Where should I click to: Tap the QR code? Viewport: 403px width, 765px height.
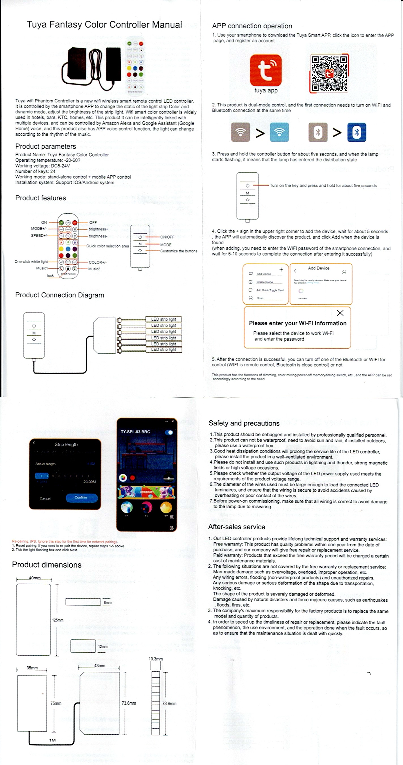(329, 73)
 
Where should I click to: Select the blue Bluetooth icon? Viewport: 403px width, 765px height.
(357, 132)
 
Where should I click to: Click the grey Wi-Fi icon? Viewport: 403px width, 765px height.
(240, 132)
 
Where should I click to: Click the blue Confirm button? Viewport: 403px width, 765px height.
(82, 498)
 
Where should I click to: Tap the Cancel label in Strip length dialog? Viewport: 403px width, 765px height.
(45, 498)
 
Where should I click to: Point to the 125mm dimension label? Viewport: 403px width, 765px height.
(58, 620)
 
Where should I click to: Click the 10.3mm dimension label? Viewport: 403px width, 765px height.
(156, 659)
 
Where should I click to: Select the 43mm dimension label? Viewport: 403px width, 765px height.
(100, 665)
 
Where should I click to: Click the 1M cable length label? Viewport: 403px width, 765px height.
(52, 740)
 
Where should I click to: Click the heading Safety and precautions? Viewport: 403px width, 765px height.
(244, 423)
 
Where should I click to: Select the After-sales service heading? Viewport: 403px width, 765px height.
(237, 527)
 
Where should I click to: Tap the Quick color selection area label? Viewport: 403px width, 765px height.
(108, 246)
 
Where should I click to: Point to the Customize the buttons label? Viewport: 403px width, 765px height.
(178, 251)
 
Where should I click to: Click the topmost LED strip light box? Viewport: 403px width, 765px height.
(163, 319)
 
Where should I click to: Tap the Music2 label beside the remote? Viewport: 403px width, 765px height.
(94, 269)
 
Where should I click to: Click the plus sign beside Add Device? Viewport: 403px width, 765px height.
(281, 269)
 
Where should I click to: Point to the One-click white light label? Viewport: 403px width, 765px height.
(31, 262)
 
